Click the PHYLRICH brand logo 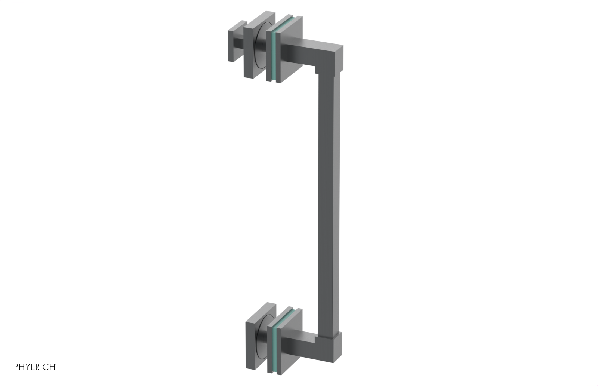click(35, 367)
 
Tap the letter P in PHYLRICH click(16, 367)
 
